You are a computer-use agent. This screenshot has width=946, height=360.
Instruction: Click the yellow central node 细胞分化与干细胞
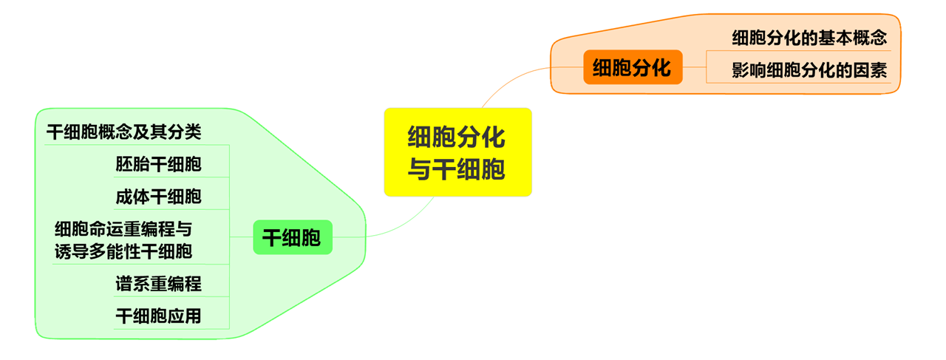pyautogui.click(x=457, y=152)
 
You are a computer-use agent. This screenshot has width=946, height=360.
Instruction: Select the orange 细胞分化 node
pyautogui.click(x=633, y=67)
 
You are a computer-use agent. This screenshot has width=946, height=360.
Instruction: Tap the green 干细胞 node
pyautogui.click(x=293, y=237)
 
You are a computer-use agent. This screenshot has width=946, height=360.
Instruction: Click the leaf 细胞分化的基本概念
pyautogui.click(x=809, y=37)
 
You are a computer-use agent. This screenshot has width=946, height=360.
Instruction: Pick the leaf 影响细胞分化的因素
pyautogui.click(x=809, y=71)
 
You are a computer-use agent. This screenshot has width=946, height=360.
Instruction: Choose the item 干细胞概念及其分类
pyautogui.click(x=123, y=132)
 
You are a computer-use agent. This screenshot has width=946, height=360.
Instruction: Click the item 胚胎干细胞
pyautogui.click(x=158, y=164)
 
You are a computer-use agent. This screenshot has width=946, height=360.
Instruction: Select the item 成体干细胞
pyautogui.click(x=158, y=197)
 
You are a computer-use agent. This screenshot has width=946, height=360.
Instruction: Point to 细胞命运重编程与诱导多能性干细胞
pyautogui.click(x=123, y=240)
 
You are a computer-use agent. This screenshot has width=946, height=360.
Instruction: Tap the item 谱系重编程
pyautogui.click(x=158, y=283)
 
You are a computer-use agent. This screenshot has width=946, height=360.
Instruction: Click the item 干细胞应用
pyautogui.click(x=158, y=316)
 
